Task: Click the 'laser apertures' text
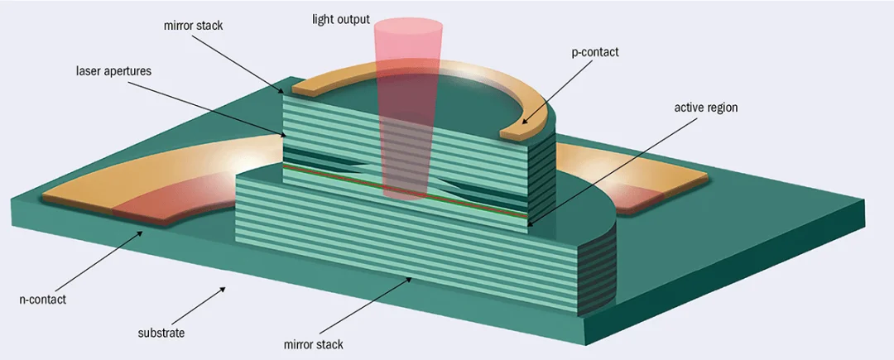pyautogui.click(x=112, y=72)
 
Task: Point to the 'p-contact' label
pyautogui.click(x=594, y=53)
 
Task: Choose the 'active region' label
pyautogui.click(x=705, y=108)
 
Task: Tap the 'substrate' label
pyautogui.click(x=161, y=334)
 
